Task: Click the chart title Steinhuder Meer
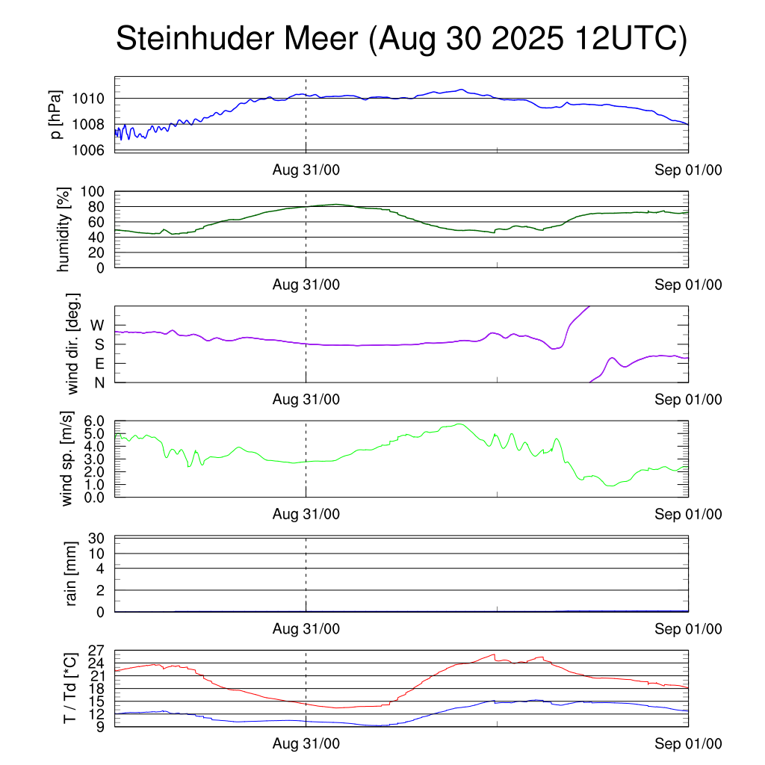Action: point(400,40)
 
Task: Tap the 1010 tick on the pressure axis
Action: point(93,99)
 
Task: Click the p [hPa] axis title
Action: point(55,114)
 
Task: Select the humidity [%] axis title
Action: point(64,229)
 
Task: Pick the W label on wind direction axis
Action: point(97,325)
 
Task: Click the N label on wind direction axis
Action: point(99,382)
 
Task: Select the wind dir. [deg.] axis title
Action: point(73,344)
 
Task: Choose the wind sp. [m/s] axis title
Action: point(68,459)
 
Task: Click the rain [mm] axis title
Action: point(72,574)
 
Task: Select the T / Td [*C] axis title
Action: point(69,687)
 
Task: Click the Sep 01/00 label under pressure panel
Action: point(688,170)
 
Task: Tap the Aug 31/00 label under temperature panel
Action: point(306,744)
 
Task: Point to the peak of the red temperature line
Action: point(494,654)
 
